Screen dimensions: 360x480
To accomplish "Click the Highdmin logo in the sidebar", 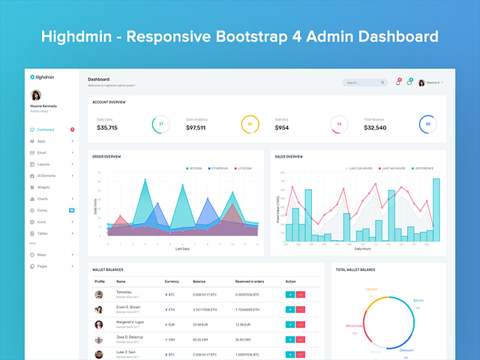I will click(x=42, y=77).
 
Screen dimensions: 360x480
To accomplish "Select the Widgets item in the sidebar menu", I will click(x=43, y=187).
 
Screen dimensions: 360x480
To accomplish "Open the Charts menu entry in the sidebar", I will click(x=43, y=199).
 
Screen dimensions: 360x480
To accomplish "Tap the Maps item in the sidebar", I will click(x=42, y=254).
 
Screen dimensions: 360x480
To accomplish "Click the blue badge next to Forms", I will click(x=71, y=210).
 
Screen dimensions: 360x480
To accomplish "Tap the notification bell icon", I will click(x=397, y=82).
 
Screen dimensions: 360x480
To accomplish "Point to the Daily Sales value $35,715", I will click(x=107, y=127).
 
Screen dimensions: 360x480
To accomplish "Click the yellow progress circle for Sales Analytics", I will click(x=250, y=124).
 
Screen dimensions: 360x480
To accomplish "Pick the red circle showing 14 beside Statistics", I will click(x=338, y=124).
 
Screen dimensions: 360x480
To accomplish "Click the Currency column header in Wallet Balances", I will click(x=172, y=281).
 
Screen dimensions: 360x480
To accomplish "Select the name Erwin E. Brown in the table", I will click(x=128, y=307).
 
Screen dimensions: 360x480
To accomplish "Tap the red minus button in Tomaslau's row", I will click(x=300, y=294).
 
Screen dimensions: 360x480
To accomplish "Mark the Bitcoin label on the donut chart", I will click(x=418, y=301).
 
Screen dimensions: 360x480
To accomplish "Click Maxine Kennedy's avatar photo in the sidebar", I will click(x=36, y=95).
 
